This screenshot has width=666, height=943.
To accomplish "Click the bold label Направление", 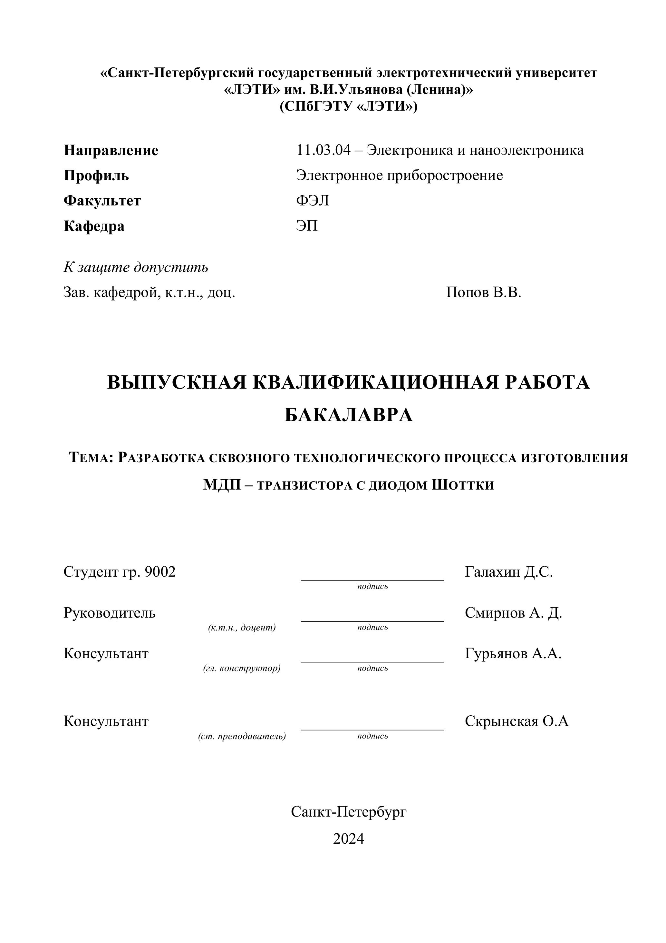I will click(x=111, y=150).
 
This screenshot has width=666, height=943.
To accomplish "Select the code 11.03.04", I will click(x=324, y=150).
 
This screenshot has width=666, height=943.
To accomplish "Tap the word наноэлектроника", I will click(x=526, y=150).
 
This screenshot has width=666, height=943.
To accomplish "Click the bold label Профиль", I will click(x=96, y=176).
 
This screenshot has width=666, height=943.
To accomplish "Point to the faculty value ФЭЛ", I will click(x=313, y=201).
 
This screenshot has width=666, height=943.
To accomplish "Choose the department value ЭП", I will click(x=307, y=226).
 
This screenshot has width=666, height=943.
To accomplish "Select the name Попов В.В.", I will click(x=483, y=293).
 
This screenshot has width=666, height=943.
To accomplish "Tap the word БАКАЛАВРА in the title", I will click(x=348, y=416).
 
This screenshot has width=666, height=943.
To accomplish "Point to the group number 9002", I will click(x=160, y=572).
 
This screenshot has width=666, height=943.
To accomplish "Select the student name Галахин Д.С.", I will click(x=509, y=572).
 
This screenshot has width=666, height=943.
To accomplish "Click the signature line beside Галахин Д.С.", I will click(x=372, y=579).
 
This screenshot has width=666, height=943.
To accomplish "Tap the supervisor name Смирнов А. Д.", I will click(x=513, y=613).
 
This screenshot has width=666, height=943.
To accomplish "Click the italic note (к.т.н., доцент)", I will click(x=242, y=628).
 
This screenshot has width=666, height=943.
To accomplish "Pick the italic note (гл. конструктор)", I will click(x=242, y=668).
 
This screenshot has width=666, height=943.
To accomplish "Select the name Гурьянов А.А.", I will click(x=513, y=653).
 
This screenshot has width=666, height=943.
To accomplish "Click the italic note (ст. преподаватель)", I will click(x=242, y=736).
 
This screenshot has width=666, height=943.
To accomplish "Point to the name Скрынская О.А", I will click(x=516, y=721).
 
